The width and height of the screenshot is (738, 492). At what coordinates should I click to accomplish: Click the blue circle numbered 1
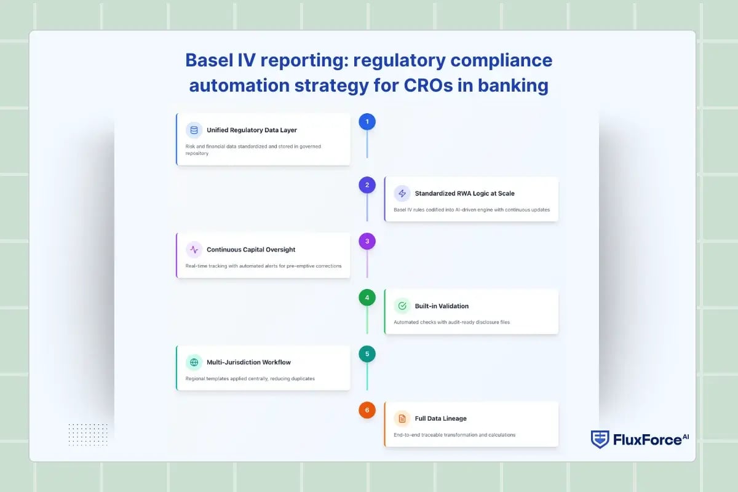click(367, 122)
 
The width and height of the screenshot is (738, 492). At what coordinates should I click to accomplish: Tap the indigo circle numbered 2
click(367, 185)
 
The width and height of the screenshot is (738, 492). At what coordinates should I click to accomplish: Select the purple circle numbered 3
click(367, 241)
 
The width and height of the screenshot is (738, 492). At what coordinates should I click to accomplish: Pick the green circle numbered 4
click(367, 298)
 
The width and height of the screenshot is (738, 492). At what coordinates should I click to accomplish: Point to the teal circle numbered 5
click(367, 354)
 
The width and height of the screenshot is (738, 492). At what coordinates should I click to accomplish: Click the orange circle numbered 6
click(367, 410)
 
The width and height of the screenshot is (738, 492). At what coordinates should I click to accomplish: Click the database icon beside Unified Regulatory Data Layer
click(194, 130)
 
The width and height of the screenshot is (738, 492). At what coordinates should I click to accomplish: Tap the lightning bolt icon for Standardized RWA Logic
click(402, 193)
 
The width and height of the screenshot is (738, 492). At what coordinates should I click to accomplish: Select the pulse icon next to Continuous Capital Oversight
click(194, 250)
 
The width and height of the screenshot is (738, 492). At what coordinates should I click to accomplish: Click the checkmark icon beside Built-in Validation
click(402, 306)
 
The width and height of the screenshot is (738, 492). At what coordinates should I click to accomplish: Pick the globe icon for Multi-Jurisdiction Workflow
click(194, 362)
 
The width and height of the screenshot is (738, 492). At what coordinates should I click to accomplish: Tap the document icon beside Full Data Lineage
click(402, 419)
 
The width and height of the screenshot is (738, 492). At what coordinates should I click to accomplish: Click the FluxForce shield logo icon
click(600, 439)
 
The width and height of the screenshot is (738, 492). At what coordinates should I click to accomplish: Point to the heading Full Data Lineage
click(440, 419)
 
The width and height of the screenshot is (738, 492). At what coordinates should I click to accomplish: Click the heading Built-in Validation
click(442, 306)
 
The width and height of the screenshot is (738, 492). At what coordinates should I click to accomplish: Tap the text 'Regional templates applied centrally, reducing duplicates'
click(250, 378)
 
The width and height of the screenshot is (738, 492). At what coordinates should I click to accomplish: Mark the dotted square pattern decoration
click(88, 434)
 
